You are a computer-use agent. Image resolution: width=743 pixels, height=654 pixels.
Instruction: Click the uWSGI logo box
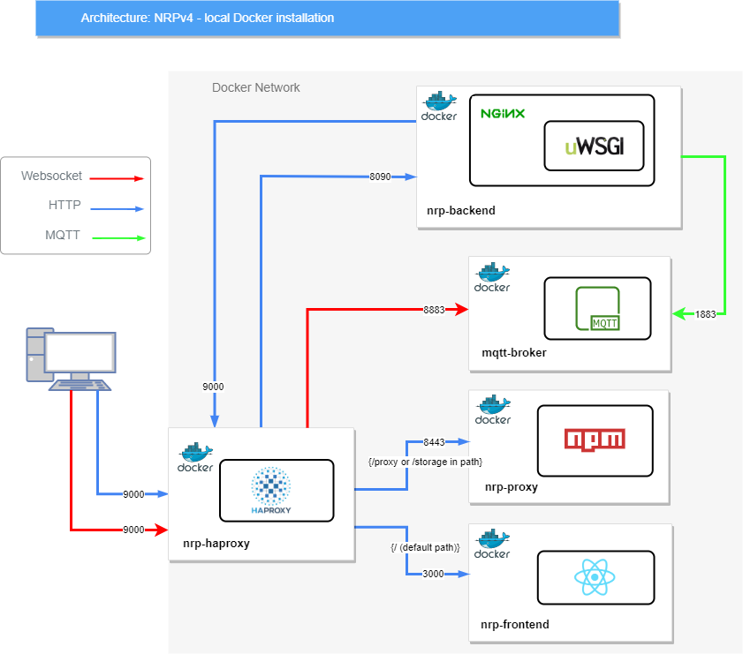click(x=594, y=146)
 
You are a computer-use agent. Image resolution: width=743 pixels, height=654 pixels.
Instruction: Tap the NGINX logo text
click(x=503, y=114)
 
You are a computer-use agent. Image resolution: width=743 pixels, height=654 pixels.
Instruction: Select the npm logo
click(x=595, y=440)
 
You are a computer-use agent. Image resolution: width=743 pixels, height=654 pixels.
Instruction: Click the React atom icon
click(x=595, y=577)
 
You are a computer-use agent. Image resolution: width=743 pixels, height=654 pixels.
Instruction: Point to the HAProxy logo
click(x=270, y=490)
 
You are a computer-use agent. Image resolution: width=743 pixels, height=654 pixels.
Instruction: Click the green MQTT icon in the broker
click(x=597, y=308)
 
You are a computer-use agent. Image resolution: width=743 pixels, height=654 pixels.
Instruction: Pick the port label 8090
click(x=380, y=177)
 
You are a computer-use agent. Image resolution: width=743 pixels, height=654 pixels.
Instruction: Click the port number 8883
click(x=434, y=310)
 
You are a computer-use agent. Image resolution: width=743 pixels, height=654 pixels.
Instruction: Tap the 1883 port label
click(x=705, y=314)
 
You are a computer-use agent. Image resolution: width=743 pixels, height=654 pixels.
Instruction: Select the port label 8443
click(x=434, y=442)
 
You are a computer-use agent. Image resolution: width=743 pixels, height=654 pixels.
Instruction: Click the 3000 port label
click(x=433, y=574)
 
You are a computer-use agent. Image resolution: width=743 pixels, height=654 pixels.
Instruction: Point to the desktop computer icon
click(x=71, y=359)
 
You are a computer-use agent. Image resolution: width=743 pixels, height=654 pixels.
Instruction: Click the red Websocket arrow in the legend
click(x=117, y=178)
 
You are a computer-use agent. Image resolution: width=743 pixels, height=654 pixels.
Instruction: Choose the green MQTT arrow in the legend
click(x=118, y=238)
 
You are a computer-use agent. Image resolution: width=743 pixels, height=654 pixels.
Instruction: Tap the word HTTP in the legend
click(x=64, y=205)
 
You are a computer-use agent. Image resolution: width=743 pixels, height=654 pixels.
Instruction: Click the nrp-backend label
click(x=461, y=211)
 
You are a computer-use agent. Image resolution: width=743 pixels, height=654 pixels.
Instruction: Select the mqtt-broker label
click(x=514, y=352)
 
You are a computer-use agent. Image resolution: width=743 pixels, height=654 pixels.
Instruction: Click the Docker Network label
click(x=256, y=87)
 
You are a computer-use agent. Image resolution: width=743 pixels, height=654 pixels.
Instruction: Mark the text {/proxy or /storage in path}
click(x=425, y=462)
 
